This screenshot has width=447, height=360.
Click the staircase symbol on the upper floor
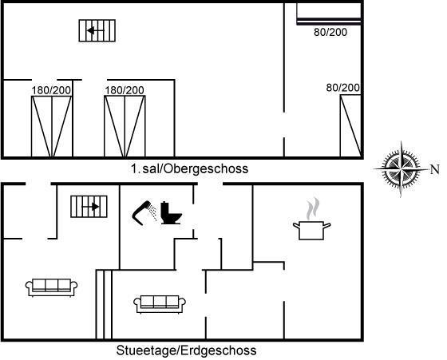(97, 30)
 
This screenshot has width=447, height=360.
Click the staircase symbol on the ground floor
(89, 207)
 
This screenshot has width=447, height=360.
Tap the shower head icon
(144, 212)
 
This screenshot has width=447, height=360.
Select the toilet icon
(171, 213)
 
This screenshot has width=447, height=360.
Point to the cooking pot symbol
(311, 231)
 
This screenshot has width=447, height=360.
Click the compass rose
(402, 169)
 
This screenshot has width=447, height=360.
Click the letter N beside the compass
(435, 169)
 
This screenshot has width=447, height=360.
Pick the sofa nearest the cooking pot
(160, 304)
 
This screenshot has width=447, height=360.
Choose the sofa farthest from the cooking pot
(51, 288)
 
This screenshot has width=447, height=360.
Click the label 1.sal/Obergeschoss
(190, 168)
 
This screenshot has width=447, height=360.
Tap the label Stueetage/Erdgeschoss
(186, 350)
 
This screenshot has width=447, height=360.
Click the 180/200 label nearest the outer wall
(51, 90)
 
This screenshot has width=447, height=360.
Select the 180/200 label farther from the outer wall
(125, 90)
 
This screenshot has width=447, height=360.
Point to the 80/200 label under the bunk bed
(330, 32)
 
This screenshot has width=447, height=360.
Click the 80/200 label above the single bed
(342, 88)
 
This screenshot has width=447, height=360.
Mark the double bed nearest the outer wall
(52, 126)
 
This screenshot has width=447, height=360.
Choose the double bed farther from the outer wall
(125, 126)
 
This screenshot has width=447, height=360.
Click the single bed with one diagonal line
(351, 125)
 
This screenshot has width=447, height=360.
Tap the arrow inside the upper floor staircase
(96, 30)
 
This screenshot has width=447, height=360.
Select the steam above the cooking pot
(313, 208)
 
